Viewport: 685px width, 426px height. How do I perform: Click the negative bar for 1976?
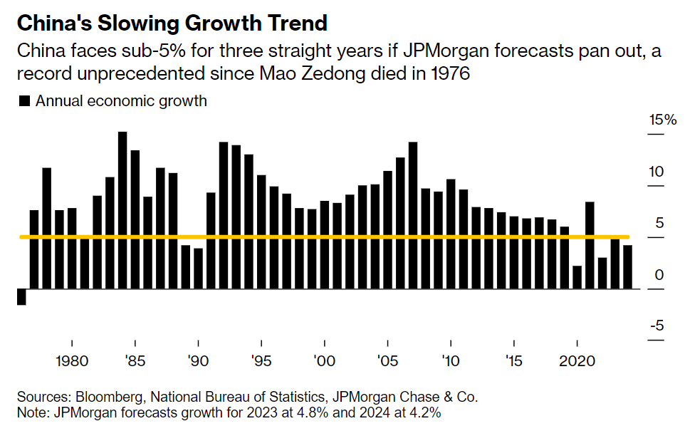point(21,296)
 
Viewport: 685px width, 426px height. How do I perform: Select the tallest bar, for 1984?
point(122,210)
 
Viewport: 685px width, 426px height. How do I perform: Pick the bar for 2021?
point(590,245)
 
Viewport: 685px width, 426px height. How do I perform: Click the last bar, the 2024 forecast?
point(628,266)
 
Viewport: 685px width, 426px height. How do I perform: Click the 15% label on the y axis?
point(662,120)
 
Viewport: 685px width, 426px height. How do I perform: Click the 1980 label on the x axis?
point(72,360)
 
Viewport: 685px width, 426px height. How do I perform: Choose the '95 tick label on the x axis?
point(261,360)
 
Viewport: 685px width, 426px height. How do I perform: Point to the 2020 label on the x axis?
point(577,360)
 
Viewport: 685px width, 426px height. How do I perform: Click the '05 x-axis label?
point(388,360)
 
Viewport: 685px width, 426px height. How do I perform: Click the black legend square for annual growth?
point(24,101)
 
